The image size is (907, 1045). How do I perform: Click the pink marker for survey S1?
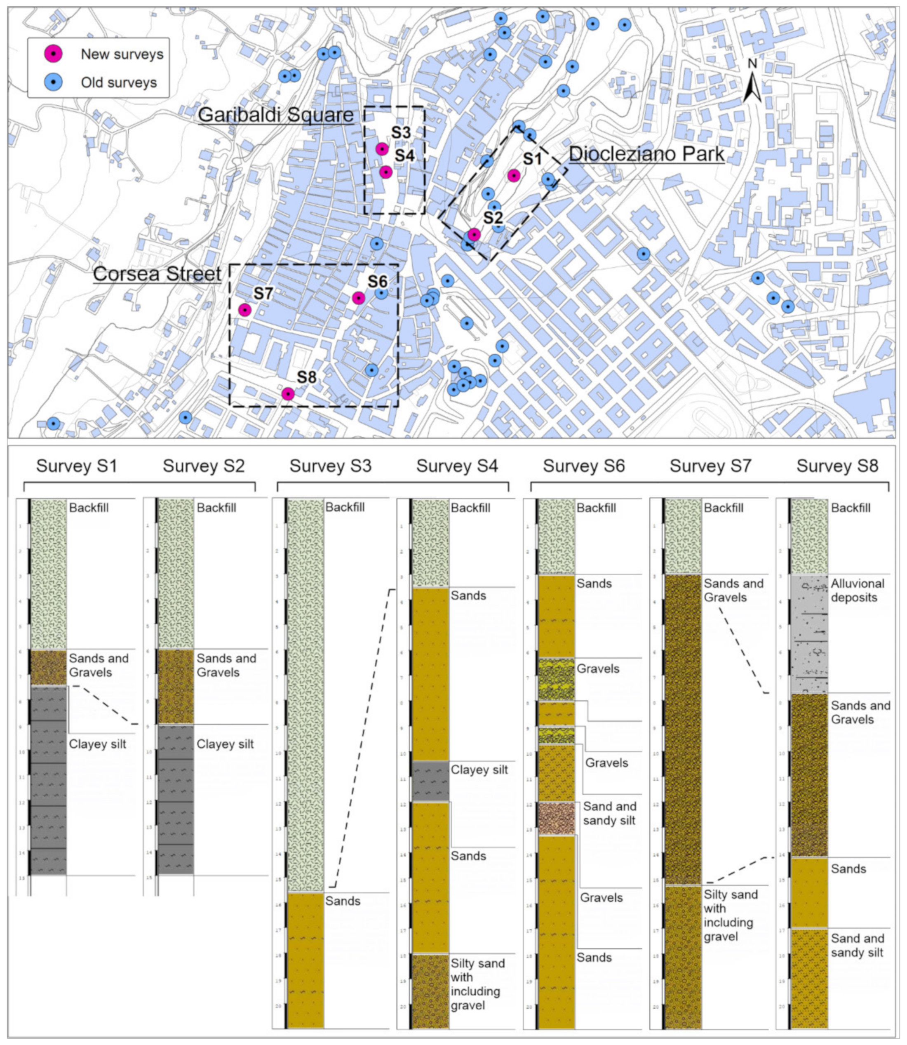(514, 175)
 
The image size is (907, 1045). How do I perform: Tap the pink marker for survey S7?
(244, 310)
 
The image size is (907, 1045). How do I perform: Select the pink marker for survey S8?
(287, 394)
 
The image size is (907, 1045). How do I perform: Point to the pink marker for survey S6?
(358, 298)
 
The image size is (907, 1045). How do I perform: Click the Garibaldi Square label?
(275, 115)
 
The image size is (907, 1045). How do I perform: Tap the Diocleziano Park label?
(646, 154)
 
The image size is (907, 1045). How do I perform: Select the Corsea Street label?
(157, 274)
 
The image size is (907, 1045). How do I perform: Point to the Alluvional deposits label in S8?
(858, 591)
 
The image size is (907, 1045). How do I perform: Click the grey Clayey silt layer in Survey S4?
(430, 780)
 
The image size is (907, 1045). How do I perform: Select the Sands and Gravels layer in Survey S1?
(49, 667)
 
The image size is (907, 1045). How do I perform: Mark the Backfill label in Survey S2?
(216, 508)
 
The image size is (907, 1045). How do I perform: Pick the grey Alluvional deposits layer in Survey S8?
(809, 633)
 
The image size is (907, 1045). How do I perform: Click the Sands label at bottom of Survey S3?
(343, 901)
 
